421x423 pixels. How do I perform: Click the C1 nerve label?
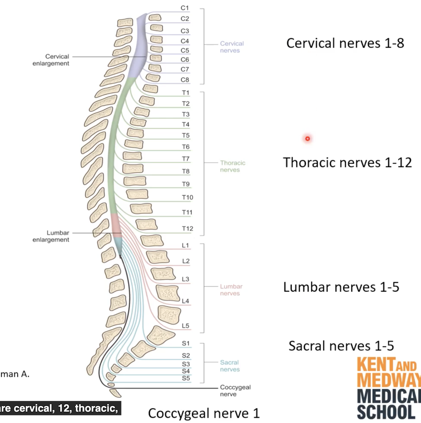185,8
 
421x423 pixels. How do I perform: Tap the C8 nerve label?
185,80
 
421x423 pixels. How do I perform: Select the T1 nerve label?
186,93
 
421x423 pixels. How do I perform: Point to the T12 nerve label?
187,229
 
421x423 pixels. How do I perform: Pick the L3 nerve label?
186,279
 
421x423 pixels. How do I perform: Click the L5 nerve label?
186,326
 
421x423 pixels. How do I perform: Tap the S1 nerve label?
186,343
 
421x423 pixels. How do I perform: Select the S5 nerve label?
186,378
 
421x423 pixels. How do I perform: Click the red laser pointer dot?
307,139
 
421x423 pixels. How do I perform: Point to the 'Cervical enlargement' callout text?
51,60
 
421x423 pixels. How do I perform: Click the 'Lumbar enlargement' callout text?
51,236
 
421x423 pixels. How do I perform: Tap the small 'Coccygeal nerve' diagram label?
235,391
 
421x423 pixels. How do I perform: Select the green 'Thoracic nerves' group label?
233,166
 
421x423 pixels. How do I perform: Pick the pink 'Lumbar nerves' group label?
231,290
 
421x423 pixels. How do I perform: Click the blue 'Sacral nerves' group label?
230,366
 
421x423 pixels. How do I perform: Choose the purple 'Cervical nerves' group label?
232,47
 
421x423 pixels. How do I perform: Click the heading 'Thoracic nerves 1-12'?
347,163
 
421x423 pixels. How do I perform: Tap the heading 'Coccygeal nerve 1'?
204,413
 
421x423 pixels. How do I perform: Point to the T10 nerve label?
187,197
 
